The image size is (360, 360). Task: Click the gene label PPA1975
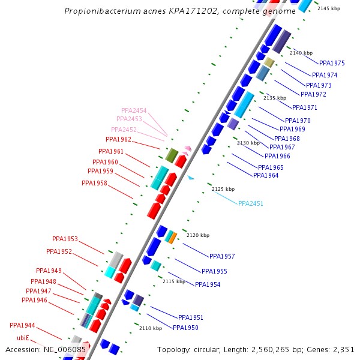332,63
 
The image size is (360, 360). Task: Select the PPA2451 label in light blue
251,203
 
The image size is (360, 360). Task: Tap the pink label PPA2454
134,110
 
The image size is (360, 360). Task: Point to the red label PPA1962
118,139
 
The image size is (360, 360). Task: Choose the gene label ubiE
23,338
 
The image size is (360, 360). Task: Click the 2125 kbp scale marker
223,189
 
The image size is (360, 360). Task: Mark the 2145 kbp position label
329,8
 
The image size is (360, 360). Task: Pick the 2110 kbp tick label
151,328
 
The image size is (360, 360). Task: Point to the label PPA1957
222,256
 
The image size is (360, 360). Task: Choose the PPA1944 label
22,325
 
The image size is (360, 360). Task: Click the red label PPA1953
65,239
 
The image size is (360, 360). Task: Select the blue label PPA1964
266,175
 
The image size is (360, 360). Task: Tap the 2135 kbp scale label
275,98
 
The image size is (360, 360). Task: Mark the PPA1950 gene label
185,328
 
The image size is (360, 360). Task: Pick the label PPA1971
305,107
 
